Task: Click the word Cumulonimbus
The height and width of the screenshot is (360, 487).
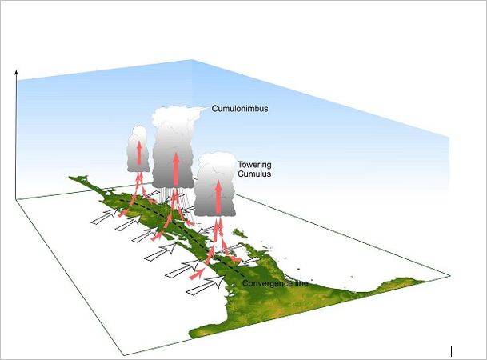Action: pyautogui.click(x=238, y=108)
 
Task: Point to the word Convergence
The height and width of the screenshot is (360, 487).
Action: pyautogui.click(x=265, y=282)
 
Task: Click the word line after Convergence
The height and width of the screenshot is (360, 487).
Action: pyautogui.click(x=300, y=282)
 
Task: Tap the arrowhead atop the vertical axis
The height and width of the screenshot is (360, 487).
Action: pyautogui.click(x=16, y=72)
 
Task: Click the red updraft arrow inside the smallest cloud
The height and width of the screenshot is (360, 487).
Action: pyautogui.click(x=139, y=154)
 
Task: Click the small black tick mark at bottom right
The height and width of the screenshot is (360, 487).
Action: pyautogui.click(x=452, y=350)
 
